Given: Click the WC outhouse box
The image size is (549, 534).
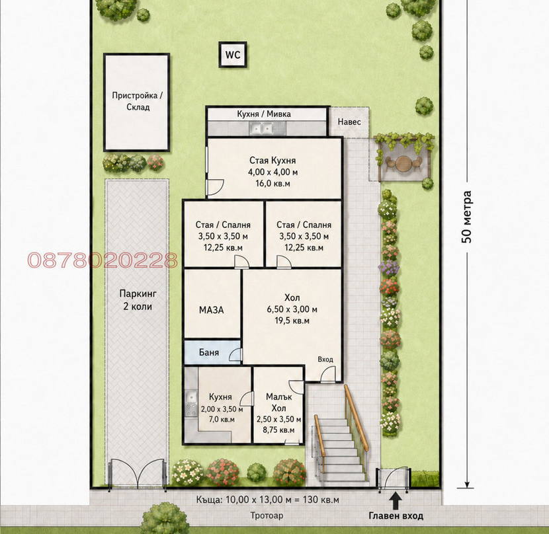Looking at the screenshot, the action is point(233,55).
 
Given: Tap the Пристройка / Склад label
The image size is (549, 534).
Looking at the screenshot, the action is point(138,101).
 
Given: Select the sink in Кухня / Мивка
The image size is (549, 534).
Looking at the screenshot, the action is point(261,129).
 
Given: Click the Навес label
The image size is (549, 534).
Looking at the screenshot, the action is point(349,122).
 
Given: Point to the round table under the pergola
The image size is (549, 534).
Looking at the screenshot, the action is point(403,163).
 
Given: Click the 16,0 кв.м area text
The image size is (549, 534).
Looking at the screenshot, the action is point(273,183).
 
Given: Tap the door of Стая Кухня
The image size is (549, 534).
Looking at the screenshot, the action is point(215,187).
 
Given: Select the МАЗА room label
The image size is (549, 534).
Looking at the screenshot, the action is point(211,310).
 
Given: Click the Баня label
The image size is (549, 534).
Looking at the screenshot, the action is point(208,352).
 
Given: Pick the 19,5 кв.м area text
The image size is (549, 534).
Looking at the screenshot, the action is point(292,321).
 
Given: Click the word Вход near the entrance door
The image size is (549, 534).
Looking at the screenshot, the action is point(325,360).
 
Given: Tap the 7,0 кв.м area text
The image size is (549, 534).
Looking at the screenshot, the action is point(222,419).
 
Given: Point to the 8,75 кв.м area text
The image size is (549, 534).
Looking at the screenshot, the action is point(278,430).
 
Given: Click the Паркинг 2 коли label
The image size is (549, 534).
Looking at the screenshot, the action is point(138,300).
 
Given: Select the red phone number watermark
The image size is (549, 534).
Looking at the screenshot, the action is point(103,260).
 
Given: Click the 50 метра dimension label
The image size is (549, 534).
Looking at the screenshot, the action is point(466,217).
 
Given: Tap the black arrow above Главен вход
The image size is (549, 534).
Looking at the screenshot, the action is point(396,501).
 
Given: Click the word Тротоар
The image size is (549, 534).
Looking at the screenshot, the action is point(267,515).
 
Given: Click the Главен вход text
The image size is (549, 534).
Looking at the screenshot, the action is point(396,515).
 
